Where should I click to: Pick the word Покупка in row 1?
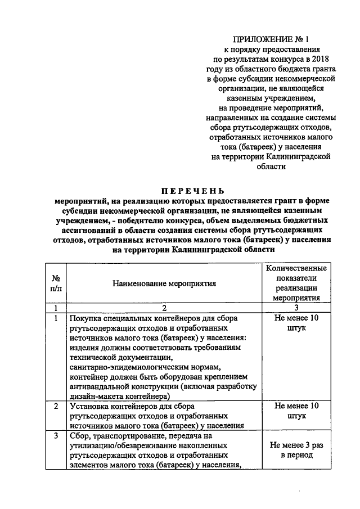coord(84,318)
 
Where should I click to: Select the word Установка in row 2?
coord(88,406)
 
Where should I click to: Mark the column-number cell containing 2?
coord(164,308)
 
